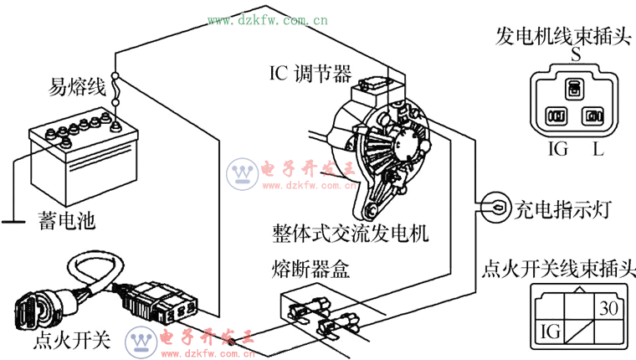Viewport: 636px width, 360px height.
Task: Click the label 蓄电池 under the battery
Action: point(67,221)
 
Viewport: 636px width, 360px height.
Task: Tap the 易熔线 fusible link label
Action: point(77,86)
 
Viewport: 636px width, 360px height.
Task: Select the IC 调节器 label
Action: point(310,74)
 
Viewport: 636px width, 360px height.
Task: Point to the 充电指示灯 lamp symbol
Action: point(495,208)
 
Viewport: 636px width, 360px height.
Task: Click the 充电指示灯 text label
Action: point(562,209)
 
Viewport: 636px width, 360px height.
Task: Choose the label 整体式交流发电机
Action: point(350,234)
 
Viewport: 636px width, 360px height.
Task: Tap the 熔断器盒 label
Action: point(310,268)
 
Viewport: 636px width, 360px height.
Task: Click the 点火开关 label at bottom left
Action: point(72,340)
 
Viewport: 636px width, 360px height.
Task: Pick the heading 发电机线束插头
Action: point(563,37)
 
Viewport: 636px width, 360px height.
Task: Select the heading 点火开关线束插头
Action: point(558,269)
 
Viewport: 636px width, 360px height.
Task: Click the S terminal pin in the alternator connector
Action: point(574,89)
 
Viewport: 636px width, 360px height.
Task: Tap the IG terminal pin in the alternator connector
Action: point(556,116)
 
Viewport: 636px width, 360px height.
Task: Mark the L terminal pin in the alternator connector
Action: point(593,116)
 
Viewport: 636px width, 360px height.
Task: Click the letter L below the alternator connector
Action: point(598,149)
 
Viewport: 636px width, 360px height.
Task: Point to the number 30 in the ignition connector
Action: point(608,308)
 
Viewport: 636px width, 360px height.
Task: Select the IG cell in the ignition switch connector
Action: point(551,331)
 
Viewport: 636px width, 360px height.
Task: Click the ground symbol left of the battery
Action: point(13,222)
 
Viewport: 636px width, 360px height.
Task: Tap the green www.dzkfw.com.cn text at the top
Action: point(268,20)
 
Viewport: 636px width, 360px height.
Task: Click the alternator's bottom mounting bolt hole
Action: point(371,210)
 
